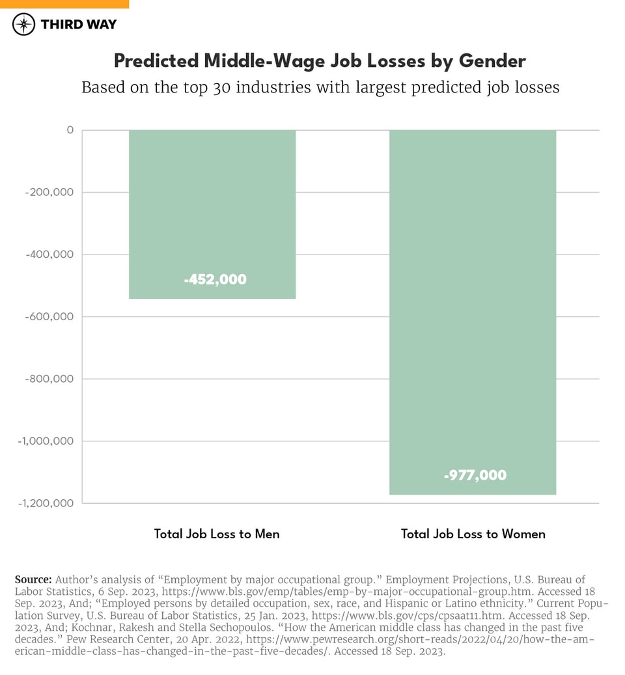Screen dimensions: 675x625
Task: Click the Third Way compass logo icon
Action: tap(24, 25)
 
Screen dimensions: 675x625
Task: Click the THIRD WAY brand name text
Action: tap(78, 25)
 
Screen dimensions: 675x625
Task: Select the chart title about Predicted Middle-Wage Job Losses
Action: tap(320, 61)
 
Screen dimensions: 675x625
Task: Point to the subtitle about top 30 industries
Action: tap(320, 87)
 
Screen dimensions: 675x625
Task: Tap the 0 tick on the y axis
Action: tap(69, 130)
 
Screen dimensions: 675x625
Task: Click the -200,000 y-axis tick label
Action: tap(49, 193)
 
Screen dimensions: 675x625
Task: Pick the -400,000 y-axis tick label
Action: tap(49, 255)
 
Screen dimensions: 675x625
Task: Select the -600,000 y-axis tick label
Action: tap(49, 317)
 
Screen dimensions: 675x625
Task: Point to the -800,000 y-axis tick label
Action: tap(49, 379)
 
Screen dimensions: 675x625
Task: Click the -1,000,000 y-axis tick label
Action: tap(45, 441)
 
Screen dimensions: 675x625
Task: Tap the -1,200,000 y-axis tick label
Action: tap(45, 503)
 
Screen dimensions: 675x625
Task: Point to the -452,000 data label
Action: tap(215, 279)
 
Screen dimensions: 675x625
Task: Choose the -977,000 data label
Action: tap(475, 475)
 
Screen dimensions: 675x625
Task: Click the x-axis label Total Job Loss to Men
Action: tap(217, 534)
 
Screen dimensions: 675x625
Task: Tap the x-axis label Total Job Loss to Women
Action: tap(473, 534)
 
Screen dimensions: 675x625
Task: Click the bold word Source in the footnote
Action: tap(33, 579)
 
